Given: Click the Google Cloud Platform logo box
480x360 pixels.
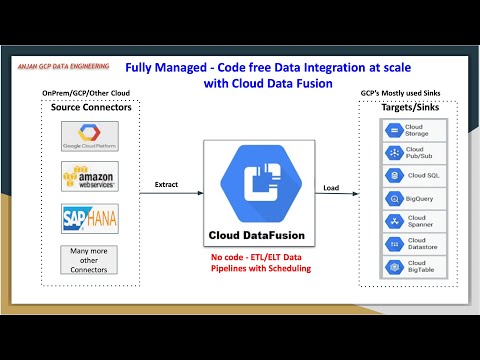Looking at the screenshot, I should tap(90, 136).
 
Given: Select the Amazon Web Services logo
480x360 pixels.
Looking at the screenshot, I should tap(90, 178).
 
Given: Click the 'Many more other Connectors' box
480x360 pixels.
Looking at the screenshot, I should tap(90, 261).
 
